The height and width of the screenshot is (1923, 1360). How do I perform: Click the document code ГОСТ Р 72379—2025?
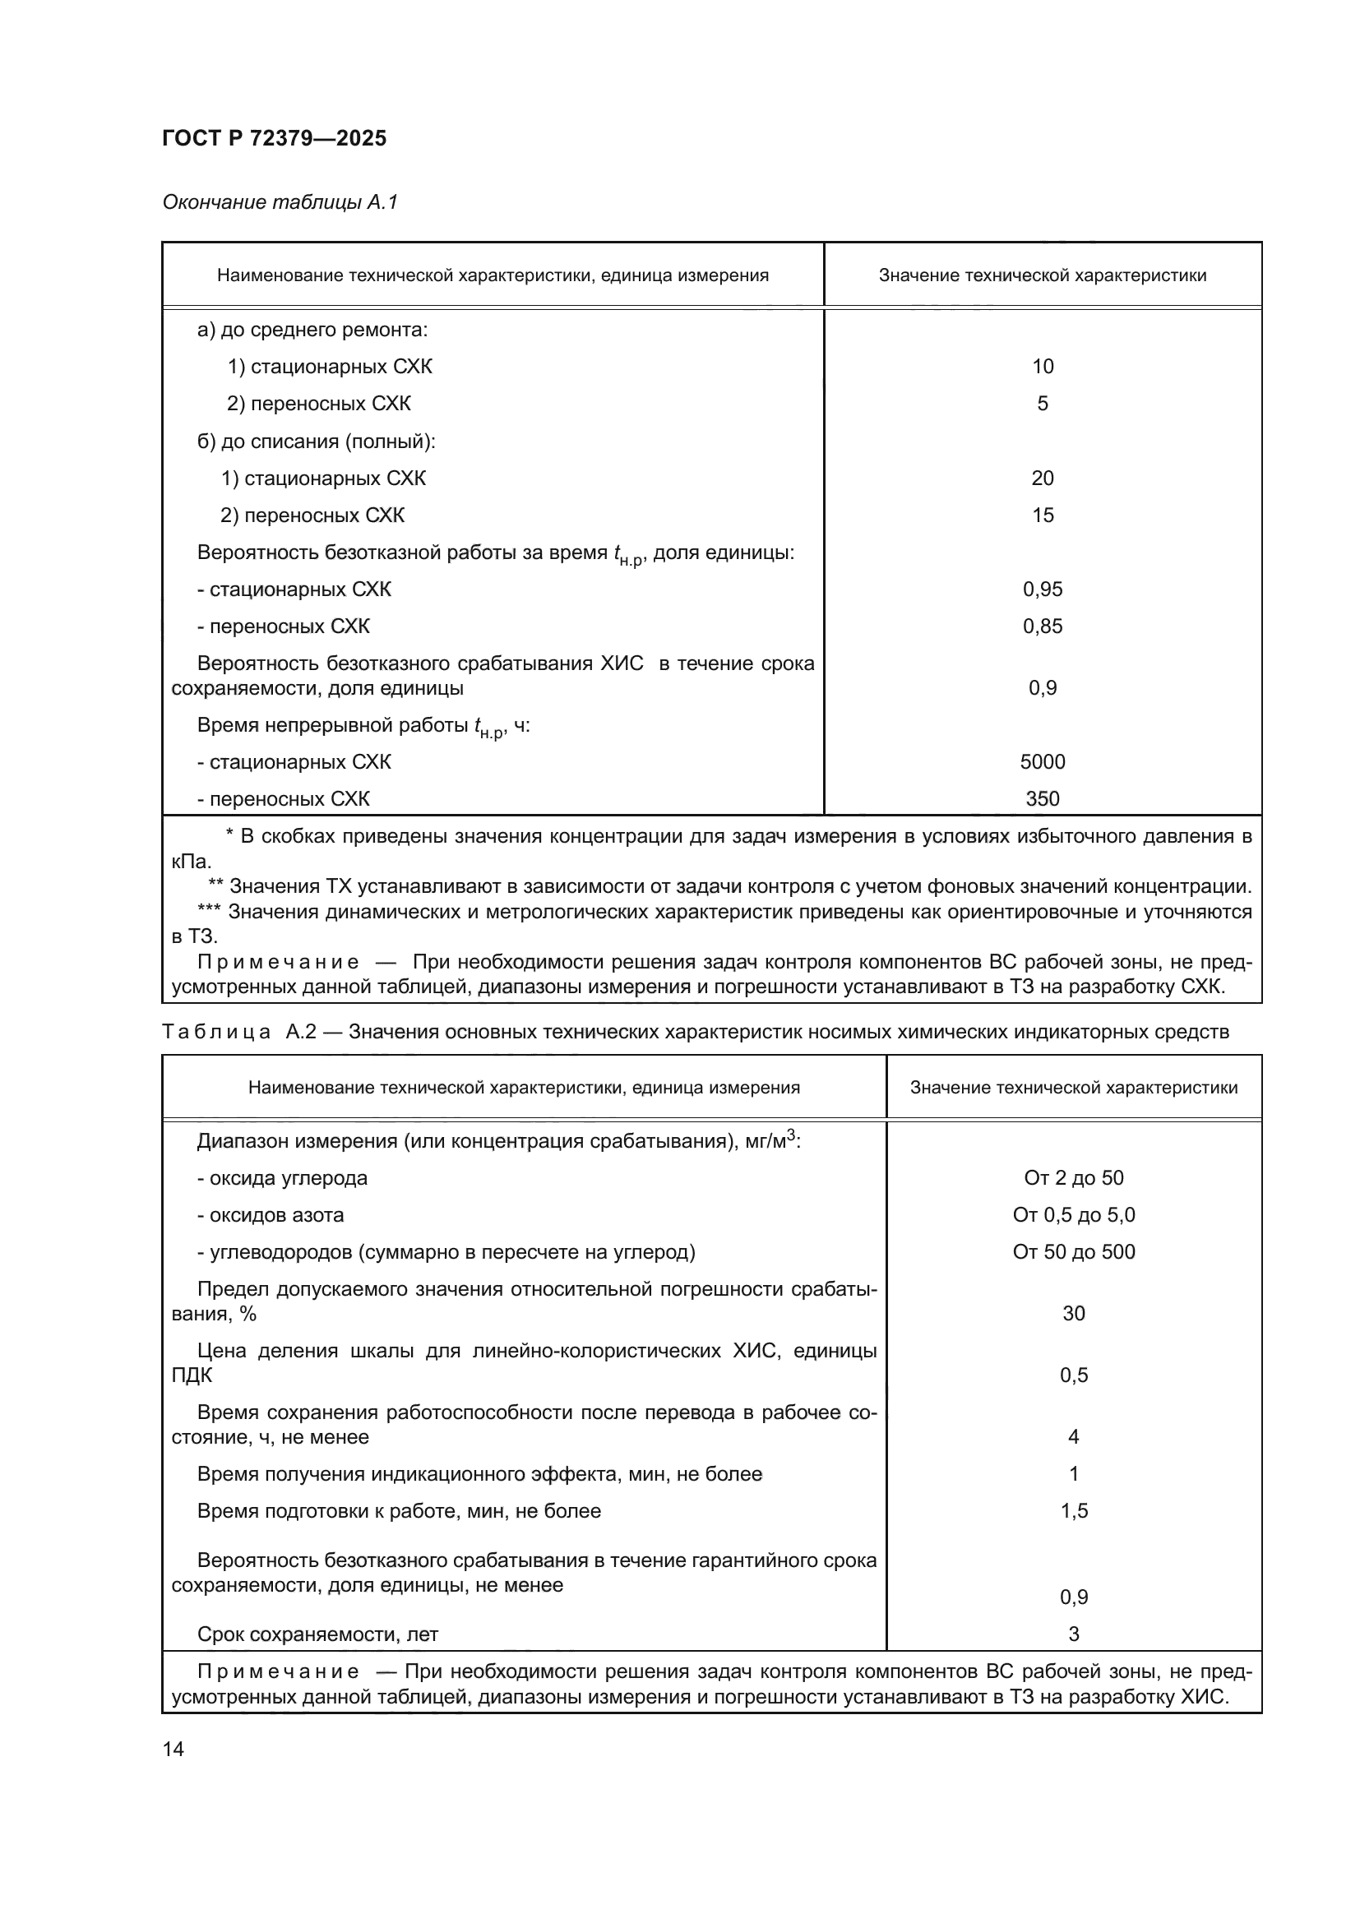(274, 138)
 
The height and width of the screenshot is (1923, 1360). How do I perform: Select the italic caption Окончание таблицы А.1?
(280, 202)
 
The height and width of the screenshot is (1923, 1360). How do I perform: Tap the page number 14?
(173, 1749)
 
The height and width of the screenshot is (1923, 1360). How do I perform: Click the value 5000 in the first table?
(1042, 761)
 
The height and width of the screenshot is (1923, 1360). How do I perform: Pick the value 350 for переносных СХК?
(1042, 798)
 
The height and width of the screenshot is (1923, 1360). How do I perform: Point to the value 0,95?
(1042, 589)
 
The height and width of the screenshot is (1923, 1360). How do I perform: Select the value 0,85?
(1042, 626)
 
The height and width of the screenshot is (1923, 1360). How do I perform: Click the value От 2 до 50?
(1073, 1177)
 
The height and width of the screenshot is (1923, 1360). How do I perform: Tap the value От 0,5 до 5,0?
(1073, 1214)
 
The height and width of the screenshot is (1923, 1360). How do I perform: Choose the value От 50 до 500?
(1073, 1251)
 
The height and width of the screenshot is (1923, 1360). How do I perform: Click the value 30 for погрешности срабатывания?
(1073, 1313)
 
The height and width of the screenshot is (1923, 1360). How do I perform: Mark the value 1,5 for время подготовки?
(1073, 1511)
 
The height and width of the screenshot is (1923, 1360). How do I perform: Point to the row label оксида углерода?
(282, 1177)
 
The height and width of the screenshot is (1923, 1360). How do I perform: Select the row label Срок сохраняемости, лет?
(317, 1634)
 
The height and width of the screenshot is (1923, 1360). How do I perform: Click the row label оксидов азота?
(271, 1214)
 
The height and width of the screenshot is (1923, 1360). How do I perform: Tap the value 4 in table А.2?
(1073, 1437)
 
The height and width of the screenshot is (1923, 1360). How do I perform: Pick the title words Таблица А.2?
(238, 1032)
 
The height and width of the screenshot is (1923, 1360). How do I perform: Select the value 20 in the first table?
(1042, 478)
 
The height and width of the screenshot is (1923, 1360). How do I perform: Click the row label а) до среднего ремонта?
(312, 330)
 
